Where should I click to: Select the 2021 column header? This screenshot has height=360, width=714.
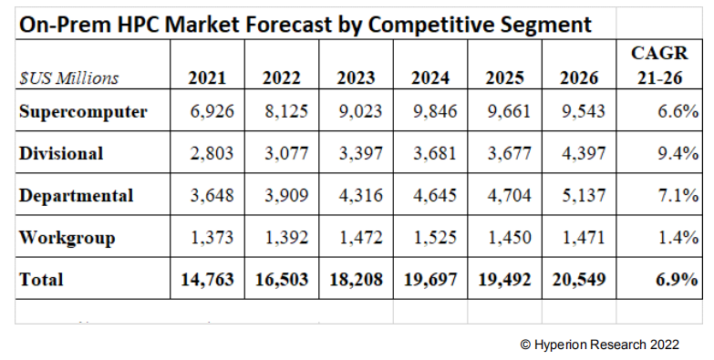(x=207, y=77)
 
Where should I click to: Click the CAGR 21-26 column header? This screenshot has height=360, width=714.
(x=660, y=67)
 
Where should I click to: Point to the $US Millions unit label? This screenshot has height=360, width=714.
(x=69, y=78)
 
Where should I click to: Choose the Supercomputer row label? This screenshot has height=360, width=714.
(x=83, y=113)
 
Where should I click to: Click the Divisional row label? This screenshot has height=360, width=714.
(x=61, y=153)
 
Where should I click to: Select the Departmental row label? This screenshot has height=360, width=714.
(x=76, y=195)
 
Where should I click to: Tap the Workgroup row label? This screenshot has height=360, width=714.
(x=67, y=238)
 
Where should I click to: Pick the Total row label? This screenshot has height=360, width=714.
(x=41, y=280)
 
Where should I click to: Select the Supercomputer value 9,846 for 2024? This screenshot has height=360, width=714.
(x=432, y=113)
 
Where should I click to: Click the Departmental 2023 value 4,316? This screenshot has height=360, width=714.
(x=358, y=195)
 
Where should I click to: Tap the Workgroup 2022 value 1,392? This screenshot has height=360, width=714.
(x=285, y=238)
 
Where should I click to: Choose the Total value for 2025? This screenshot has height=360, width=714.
(x=503, y=280)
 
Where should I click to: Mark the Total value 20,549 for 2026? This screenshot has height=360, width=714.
(x=577, y=280)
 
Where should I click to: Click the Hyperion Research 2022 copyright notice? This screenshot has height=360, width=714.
(x=599, y=345)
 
